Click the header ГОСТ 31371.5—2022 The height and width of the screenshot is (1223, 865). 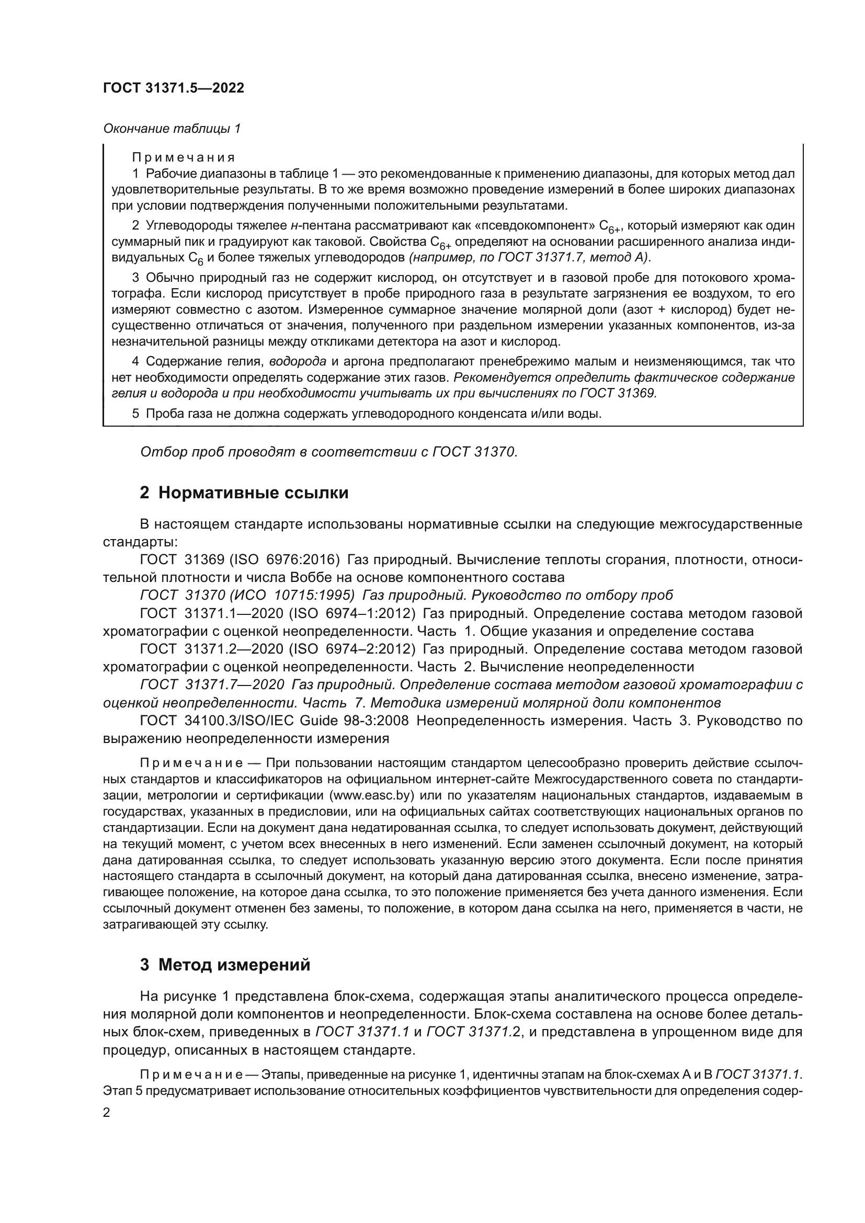(x=173, y=88)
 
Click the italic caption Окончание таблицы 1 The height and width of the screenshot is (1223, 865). (x=172, y=129)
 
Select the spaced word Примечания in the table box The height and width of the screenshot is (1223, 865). (x=183, y=158)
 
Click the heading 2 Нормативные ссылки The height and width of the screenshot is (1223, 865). (x=244, y=493)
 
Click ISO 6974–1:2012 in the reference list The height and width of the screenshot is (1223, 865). (x=352, y=614)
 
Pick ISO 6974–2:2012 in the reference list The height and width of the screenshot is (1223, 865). (x=352, y=649)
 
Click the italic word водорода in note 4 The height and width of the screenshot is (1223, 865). (x=298, y=362)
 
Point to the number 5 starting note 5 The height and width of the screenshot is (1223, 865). (x=136, y=414)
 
